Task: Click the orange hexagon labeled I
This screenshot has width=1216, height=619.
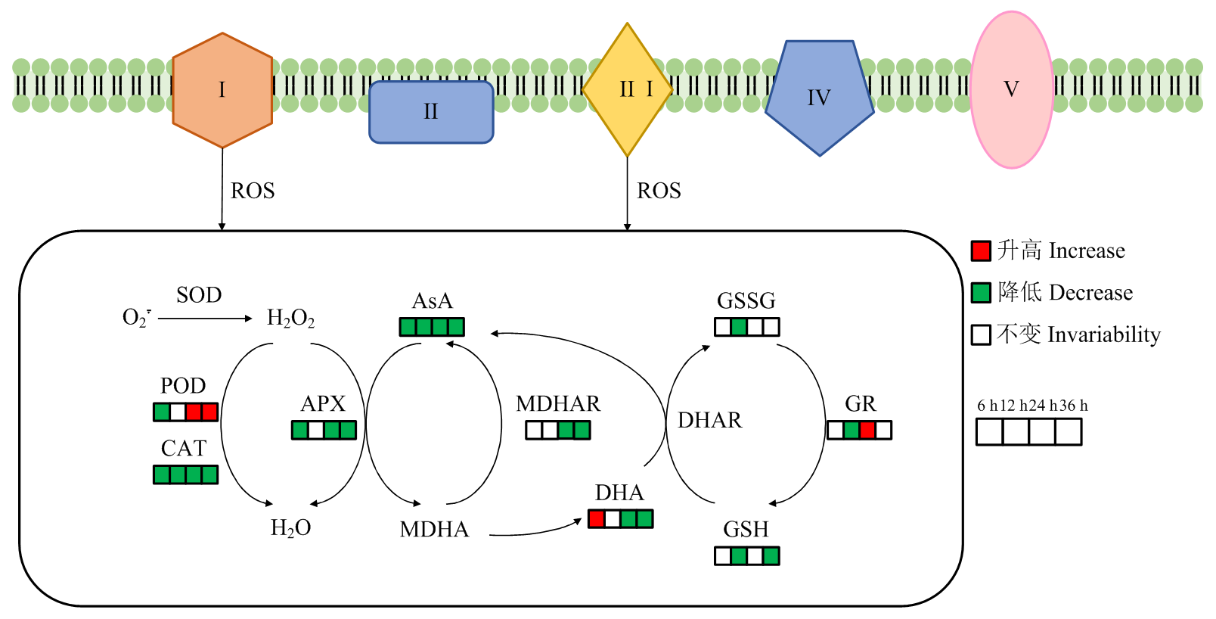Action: click(x=222, y=90)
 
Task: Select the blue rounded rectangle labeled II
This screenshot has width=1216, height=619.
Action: click(x=431, y=112)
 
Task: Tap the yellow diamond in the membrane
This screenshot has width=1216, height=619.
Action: click(x=627, y=89)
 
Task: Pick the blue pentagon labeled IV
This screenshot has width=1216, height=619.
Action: click(x=819, y=97)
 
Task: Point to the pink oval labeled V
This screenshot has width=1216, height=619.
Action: click(x=1011, y=89)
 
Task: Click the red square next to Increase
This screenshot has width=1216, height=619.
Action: click(x=981, y=250)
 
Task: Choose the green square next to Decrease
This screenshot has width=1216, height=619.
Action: click(x=981, y=293)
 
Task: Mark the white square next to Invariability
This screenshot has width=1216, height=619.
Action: click(x=981, y=334)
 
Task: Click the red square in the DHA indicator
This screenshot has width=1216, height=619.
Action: click(x=597, y=519)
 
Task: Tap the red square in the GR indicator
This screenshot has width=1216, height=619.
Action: click(x=867, y=431)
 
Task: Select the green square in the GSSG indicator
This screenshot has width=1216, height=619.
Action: click(x=739, y=327)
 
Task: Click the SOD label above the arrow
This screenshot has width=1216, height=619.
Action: click(x=199, y=295)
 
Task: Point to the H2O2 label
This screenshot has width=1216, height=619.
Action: click(x=290, y=319)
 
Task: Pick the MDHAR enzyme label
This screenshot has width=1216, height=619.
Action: click(x=558, y=404)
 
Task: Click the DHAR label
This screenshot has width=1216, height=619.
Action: click(x=709, y=421)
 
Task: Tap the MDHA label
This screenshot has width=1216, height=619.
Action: click(x=434, y=530)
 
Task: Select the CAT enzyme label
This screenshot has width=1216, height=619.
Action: click(x=184, y=449)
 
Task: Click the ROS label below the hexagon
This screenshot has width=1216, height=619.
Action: click(x=253, y=191)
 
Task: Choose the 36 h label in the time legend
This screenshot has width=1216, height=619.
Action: click(x=1073, y=406)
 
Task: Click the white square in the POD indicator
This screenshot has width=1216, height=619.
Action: click(x=178, y=412)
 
